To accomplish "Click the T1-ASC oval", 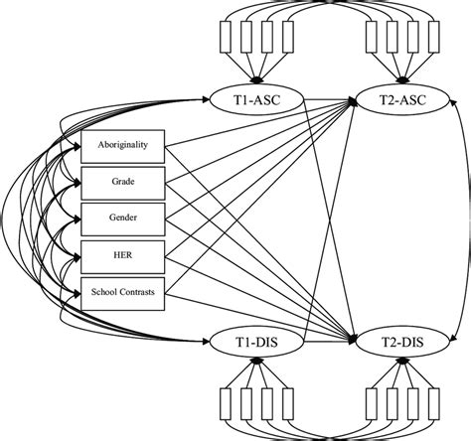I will pos(254,99).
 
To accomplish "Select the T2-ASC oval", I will pos(404,99).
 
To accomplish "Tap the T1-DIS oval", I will pos(254,343).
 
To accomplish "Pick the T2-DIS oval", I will pos(404,343).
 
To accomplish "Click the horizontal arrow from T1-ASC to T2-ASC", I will pos(324,99).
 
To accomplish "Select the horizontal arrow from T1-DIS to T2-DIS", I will pos(324,343).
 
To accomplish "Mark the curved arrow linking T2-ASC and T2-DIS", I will pos(458,220).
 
